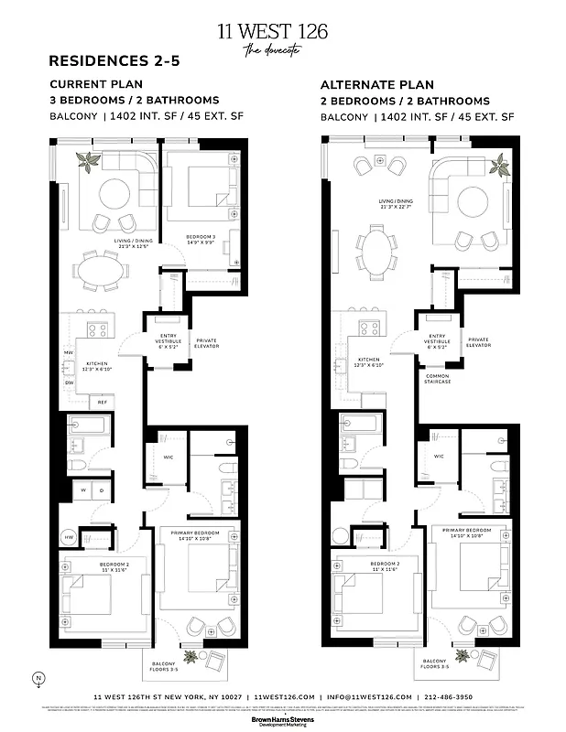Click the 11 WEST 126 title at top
(x=272, y=32)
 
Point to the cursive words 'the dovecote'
(x=272, y=51)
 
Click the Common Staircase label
(x=438, y=378)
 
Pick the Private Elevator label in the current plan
(x=207, y=342)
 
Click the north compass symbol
(x=38, y=679)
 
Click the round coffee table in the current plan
(x=115, y=191)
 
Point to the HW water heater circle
(x=69, y=537)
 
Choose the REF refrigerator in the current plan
(x=103, y=401)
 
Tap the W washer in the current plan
(x=84, y=490)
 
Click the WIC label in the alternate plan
(x=439, y=456)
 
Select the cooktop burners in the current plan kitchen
(x=97, y=329)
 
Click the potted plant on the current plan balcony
(x=191, y=656)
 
